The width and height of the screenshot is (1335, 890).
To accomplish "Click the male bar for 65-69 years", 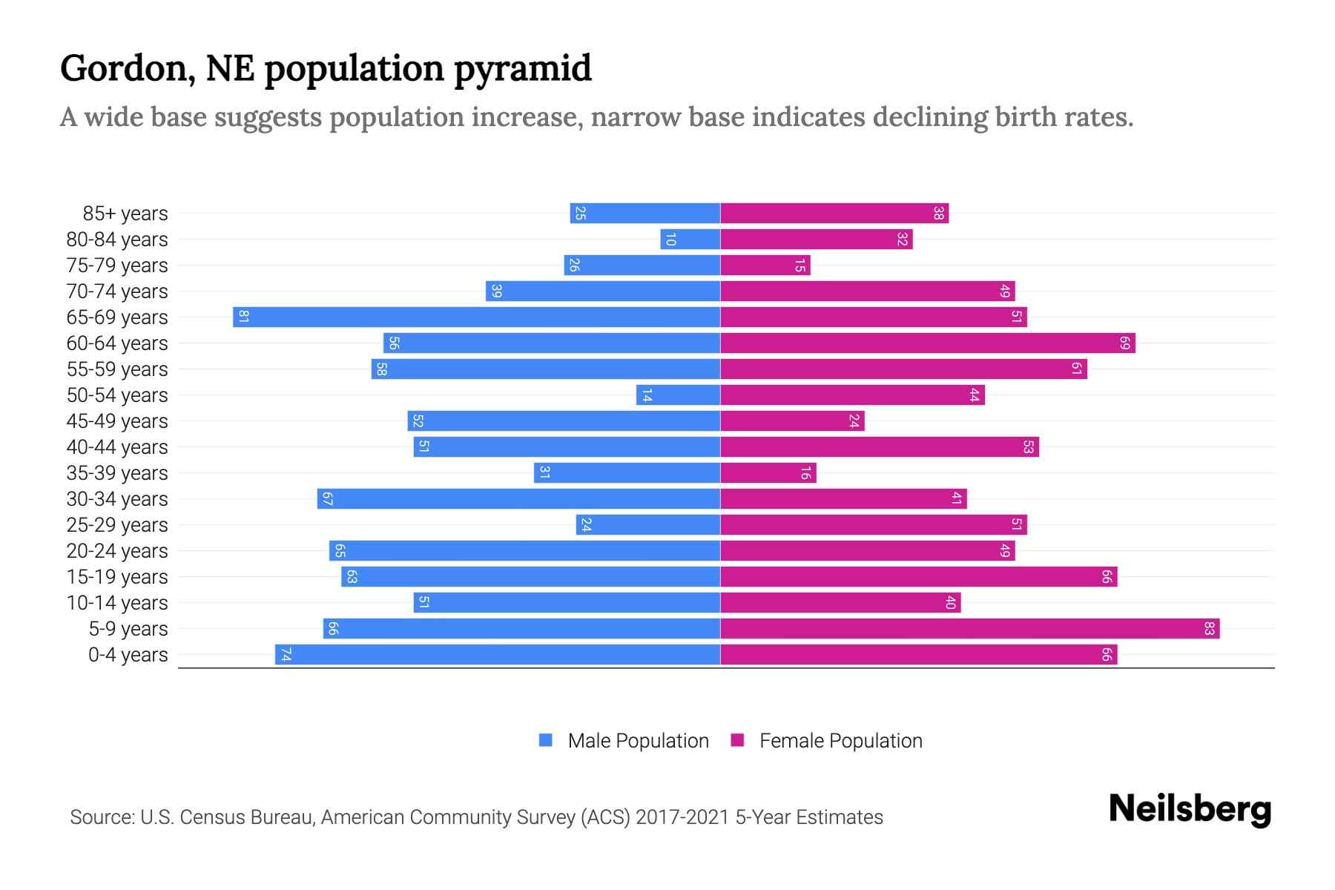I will click(476, 317).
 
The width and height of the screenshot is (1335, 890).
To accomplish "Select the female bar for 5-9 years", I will click(969, 629).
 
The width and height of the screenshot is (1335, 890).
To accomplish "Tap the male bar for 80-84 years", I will click(690, 240).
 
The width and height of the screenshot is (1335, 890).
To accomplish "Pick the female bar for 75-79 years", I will click(765, 266).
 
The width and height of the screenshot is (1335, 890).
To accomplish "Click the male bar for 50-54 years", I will click(678, 395).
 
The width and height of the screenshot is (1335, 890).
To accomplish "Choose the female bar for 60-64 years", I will click(927, 343).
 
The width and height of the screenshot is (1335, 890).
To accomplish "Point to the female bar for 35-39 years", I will click(768, 473).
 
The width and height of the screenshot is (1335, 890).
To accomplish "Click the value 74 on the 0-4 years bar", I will click(286, 655).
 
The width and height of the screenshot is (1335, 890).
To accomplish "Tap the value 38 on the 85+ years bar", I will click(938, 214).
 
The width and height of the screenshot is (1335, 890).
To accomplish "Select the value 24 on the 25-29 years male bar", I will click(586, 525).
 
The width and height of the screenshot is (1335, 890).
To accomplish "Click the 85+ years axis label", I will click(125, 214).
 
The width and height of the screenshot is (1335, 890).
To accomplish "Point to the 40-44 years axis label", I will click(117, 447).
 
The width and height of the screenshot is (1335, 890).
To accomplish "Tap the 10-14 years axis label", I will click(117, 603).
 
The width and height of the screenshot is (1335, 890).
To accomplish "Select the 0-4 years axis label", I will click(128, 655).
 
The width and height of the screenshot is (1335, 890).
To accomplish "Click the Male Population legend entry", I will click(638, 741).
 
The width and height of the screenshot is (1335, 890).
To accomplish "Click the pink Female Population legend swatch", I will click(737, 740).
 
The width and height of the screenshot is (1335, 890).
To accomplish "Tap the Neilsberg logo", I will click(1190, 809).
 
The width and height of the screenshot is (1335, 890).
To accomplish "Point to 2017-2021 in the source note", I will click(682, 817).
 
